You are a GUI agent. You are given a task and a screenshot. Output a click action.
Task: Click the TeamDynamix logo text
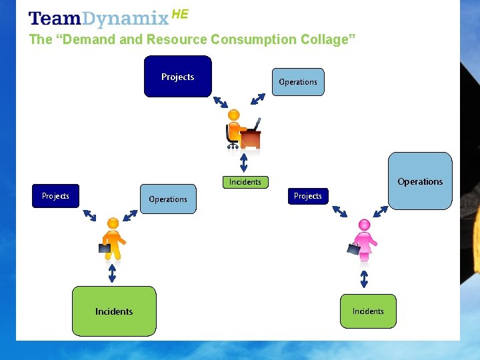99,19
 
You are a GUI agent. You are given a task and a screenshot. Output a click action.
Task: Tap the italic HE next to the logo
180,14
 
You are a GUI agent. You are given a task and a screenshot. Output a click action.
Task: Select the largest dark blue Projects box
178,77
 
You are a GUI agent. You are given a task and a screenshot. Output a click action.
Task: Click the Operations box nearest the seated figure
297,82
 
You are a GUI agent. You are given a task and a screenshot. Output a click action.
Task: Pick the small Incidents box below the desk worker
245,181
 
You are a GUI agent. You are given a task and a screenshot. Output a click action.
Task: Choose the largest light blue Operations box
420,181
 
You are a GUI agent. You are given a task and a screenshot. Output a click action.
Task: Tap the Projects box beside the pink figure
307,196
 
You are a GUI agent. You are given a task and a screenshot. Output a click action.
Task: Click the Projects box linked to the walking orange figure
55,196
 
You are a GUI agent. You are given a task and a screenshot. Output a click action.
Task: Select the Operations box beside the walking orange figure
168,199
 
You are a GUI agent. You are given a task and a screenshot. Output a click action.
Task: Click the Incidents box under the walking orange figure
114,311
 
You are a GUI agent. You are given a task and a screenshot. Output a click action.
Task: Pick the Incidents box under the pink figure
368,311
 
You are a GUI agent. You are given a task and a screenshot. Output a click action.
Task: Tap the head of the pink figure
364,225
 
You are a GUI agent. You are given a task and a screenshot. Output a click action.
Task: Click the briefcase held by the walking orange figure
105,248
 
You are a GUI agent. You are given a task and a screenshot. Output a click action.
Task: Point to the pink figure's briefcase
353,249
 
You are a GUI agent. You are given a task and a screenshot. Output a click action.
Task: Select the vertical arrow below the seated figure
244,163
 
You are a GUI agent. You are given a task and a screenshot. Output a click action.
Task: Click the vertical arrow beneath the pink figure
364,278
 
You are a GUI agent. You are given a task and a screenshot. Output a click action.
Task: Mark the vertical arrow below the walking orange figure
112,273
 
